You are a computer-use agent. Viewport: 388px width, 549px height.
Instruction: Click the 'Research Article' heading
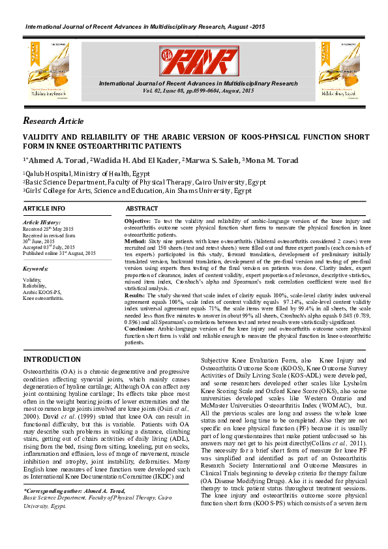click(53, 121)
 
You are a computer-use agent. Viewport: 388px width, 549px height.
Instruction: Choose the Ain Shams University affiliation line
click(138, 191)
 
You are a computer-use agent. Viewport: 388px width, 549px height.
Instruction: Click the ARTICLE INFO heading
click(44, 209)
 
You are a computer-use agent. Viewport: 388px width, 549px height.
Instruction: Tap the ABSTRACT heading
click(142, 209)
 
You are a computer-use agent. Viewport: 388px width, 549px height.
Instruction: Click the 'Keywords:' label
click(36, 269)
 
